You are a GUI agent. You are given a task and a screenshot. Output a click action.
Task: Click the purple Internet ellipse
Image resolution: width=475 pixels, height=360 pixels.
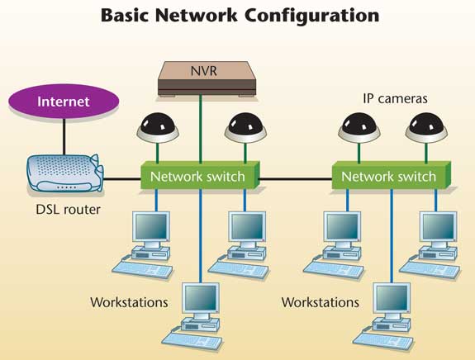(64, 101)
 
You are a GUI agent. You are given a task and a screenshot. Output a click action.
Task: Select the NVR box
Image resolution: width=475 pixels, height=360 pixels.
(207, 78)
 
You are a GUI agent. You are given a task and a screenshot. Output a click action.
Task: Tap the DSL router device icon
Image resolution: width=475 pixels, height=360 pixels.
(66, 173)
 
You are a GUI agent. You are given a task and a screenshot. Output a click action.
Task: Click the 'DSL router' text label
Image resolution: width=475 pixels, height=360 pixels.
(69, 210)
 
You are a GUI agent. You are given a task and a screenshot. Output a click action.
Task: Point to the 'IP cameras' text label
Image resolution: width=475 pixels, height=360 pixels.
(395, 99)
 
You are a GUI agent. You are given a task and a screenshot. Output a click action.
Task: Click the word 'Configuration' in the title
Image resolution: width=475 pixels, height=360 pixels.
(312, 15)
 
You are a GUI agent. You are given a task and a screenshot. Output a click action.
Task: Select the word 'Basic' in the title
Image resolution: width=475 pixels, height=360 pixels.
(125, 15)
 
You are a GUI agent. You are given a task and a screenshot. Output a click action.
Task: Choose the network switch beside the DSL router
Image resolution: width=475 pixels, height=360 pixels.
(200, 176)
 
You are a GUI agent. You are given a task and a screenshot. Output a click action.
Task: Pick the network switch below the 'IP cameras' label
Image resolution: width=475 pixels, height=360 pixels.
(391, 176)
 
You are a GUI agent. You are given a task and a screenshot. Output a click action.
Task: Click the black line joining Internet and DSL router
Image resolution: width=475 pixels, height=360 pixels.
(64, 137)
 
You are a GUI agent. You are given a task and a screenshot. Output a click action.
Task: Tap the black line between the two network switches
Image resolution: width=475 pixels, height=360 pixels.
(296, 179)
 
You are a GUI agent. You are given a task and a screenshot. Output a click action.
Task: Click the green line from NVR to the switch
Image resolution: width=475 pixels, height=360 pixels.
(200, 130)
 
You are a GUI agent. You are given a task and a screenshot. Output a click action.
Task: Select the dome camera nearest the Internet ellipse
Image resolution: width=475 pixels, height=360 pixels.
(158, 128)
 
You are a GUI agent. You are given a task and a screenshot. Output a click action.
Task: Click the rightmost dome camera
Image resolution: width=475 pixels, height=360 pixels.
(426, 128)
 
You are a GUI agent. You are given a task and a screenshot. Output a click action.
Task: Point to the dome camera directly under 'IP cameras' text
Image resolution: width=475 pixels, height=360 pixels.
(359, 128)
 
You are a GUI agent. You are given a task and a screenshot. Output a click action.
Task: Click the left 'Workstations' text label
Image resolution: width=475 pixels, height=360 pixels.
(129, 302)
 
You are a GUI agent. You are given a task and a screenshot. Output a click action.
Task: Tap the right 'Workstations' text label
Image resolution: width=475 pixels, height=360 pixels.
(321, 302)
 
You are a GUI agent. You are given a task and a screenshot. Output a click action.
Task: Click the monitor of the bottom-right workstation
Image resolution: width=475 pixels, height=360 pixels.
(392, 299)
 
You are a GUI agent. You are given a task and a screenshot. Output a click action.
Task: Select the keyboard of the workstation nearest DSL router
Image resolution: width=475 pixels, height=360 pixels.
(142, 269)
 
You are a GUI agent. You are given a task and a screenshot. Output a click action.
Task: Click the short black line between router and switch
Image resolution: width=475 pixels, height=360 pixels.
(122, 179)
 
